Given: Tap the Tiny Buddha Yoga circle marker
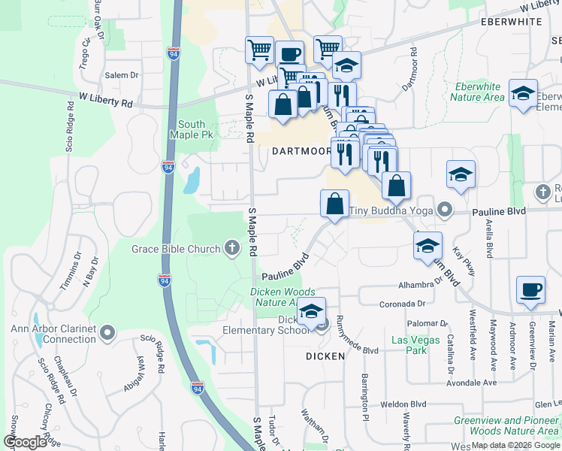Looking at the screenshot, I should (446, 210).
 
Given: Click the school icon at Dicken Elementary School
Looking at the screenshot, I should (310, 311).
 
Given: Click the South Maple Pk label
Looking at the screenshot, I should (197, 129).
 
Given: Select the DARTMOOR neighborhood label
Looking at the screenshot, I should (301, 151).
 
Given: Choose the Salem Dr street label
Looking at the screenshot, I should (122, 75).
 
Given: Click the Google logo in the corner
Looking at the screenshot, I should (26, 442).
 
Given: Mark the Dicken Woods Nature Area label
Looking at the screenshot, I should (283, 297).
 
